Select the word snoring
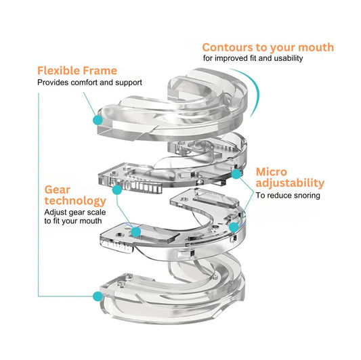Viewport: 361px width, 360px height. pos(304,196)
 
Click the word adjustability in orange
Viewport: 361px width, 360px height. pos(290,183)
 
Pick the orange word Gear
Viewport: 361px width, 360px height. pos(58,189)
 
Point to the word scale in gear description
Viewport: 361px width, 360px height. pos(91,212)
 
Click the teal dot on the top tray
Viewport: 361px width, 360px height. pos(98,119)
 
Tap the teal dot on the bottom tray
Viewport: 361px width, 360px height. pos(98,296)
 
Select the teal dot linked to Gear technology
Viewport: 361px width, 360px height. pos(136,231)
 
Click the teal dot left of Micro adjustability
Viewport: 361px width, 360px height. pos(236,174)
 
